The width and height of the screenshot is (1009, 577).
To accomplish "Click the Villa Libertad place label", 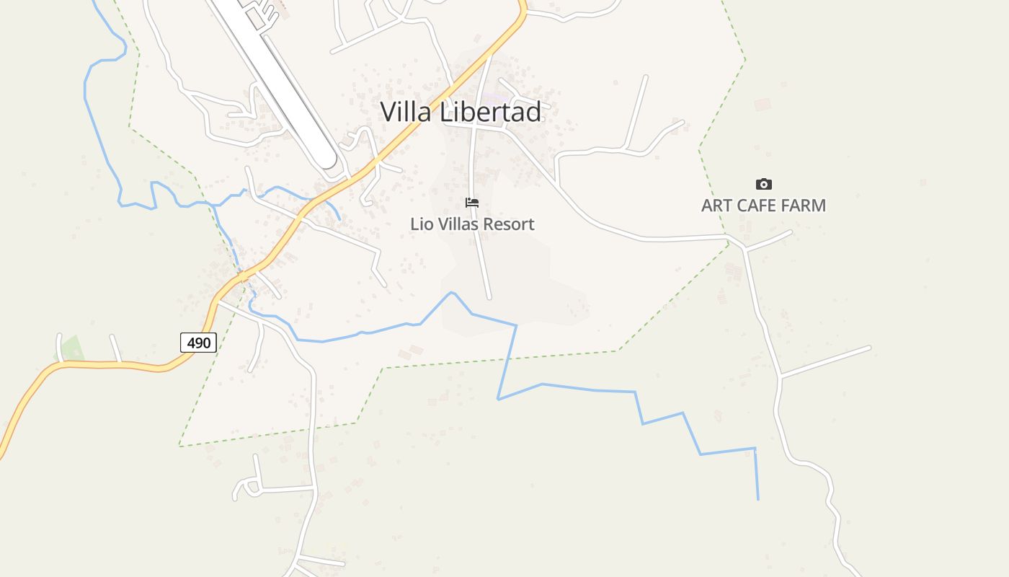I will pyautogui.click(x=461, y=112).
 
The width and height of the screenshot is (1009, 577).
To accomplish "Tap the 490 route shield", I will pyautogui.click(x=198, y=343).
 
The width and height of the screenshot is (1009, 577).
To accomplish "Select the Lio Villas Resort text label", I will pyautogui.click(x=472, y=224).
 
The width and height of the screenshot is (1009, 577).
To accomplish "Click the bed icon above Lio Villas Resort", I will pyautogui.click(x=472, y=203).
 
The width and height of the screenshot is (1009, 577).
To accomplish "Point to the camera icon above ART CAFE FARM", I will pyautogui.click(x=763, y=184).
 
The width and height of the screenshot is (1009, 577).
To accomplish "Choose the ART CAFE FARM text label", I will pyautogui.click(x=763, y=206).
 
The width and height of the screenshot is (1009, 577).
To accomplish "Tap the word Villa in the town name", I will pyautogui.click(x=406, y=112).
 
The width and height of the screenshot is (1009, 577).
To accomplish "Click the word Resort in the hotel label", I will pyautogui.click(x=509, y=224).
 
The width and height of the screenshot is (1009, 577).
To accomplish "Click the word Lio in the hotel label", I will pyautogui.click(x=419, y=224).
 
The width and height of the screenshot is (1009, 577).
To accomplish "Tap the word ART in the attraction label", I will pyautogui.click(x=716, y=206).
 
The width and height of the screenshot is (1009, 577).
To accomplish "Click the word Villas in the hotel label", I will pyautogui.click(x=455, y=224).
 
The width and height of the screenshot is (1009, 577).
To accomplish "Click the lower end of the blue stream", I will pyautogui.click(x=757, y=498).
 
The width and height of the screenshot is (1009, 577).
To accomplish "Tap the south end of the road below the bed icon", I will pyautogui.click(x=489, y=296).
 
